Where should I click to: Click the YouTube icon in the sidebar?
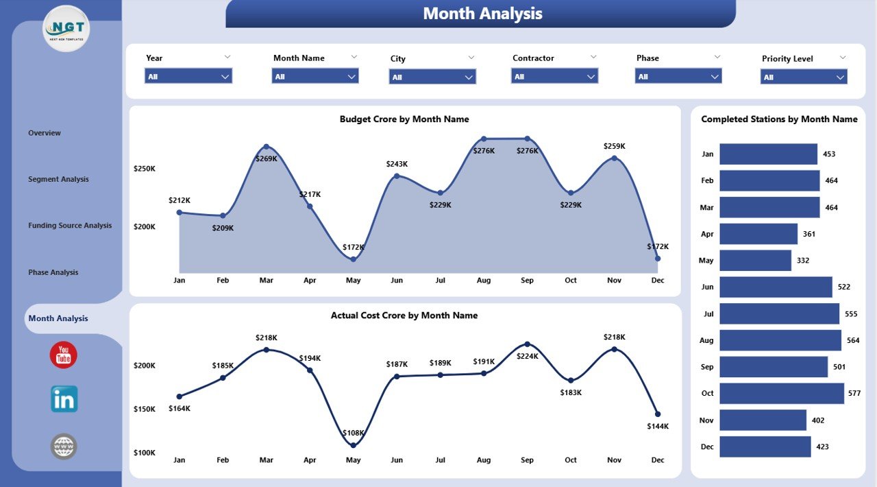(x=64, y=355)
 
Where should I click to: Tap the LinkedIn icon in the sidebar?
(x=64, y=399)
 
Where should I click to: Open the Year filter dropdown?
(x=188, y=76)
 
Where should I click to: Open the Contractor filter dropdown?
(x=555, y=76)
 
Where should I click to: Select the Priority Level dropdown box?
(x=804, y=77)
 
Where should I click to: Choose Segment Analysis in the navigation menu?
(x=58, y=179)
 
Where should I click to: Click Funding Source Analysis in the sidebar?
(x=70, y=226)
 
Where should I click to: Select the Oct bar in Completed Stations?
(x=781, y=394)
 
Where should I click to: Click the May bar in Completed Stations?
(x=755, y=261)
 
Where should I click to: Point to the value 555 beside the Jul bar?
(x=852, y=313)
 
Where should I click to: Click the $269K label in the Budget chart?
(x=267, y=159)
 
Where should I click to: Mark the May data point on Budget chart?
(x=353, y=259)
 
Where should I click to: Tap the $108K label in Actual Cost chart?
(x=353, y=433)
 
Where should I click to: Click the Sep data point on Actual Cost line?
(x=527, y=344)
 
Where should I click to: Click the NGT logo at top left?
(x=66, y=28)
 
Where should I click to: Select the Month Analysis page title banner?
(x=481, y=14)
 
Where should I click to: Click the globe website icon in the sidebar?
(x=64, y=447)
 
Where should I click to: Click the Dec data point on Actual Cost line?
(x=658, y=414)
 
